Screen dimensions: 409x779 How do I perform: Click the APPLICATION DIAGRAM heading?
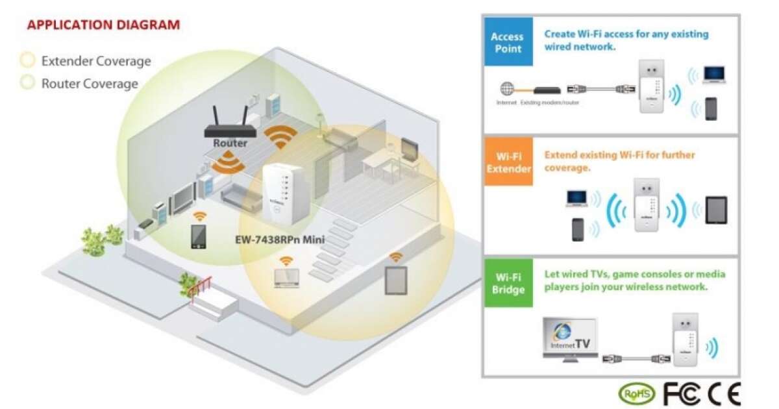point(103,25)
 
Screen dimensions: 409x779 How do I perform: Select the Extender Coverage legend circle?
point(27,61)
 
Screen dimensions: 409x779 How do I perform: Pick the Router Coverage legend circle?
point(27,83)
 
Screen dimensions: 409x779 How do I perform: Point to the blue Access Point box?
point(508,42)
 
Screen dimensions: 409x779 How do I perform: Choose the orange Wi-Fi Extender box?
point(508,162)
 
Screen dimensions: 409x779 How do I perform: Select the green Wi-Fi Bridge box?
point(508,282)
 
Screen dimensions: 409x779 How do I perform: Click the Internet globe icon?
point(506,90)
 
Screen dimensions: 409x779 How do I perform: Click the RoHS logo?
point(636,393)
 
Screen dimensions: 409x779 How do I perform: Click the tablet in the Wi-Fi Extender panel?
point(715,210)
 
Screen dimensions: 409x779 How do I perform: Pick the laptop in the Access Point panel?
point(713,75)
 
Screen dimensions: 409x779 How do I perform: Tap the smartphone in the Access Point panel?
point(711,108)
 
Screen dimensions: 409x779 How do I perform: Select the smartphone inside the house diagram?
point(198,236)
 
